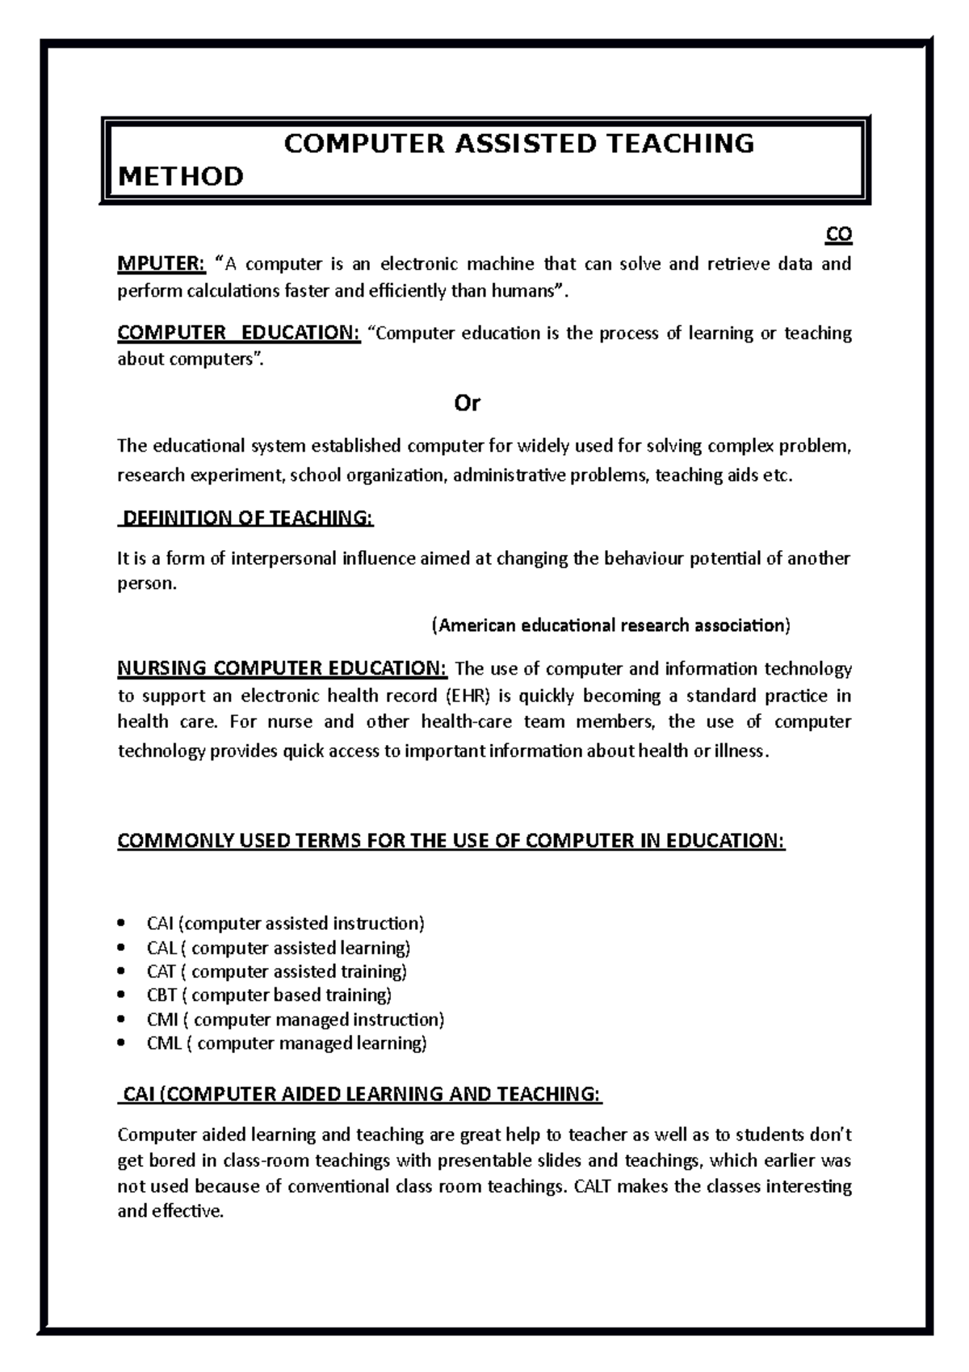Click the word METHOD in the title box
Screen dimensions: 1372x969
point(181,176)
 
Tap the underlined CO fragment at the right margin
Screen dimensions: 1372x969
point(838,235)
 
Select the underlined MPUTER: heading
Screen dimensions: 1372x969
point(161,263)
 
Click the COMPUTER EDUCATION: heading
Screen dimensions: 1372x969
point(239,333)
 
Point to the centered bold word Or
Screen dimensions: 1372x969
point(468,403)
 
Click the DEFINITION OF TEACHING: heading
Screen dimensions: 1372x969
point(246,518)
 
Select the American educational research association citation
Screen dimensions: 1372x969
point(611,625)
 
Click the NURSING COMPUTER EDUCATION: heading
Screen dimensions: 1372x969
point(282,669)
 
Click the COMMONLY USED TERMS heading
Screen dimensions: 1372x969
point(451,841)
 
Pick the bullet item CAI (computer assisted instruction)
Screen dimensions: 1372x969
point(285,924)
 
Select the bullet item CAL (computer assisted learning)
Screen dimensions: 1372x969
point(279,948)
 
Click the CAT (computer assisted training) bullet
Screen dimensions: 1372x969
point(277,971)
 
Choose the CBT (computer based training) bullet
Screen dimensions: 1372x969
point(269,995)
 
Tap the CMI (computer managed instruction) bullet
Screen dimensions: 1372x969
point(296,1020)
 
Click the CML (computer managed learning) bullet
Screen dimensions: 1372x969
point(287,1043)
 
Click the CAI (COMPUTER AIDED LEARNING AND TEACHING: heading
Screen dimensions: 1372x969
point(360,1095)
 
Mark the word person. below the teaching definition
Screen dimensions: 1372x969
point(146,583)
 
